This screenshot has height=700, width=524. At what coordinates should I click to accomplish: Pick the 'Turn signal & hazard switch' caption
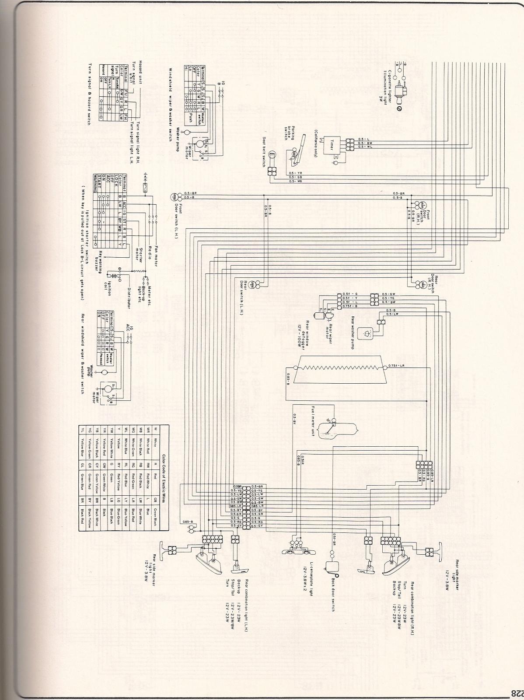90,94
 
